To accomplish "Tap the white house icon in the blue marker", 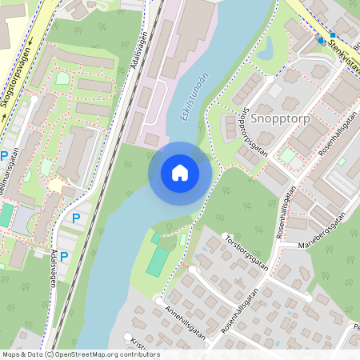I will point(180,173).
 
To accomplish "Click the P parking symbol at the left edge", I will point(4,156).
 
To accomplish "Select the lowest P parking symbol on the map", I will point(65,258).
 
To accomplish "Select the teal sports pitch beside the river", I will point(158,261).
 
